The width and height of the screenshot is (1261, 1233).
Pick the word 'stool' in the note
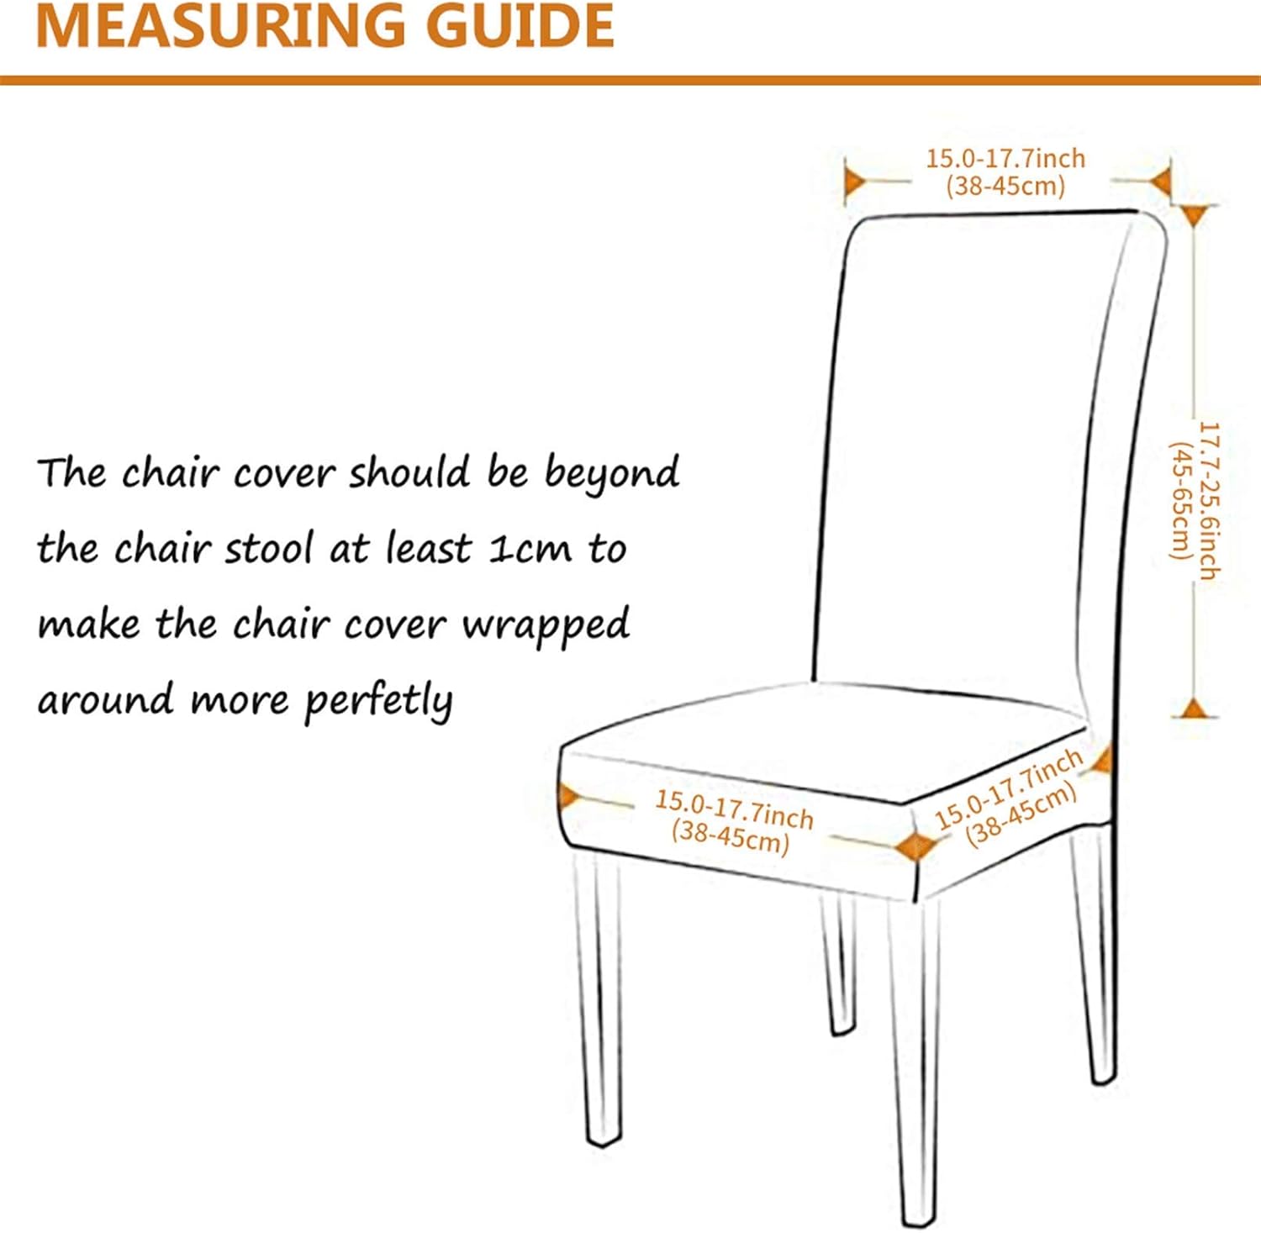268,548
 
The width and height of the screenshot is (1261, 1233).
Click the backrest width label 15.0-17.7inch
1005,158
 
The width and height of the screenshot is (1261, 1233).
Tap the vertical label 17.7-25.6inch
1208,501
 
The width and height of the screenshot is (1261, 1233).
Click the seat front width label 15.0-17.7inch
735,809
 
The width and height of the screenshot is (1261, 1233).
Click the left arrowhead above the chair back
856,181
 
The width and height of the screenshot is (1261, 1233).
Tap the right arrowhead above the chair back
1161,181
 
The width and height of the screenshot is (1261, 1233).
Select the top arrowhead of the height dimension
1195,215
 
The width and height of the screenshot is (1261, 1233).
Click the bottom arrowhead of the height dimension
1194,708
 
